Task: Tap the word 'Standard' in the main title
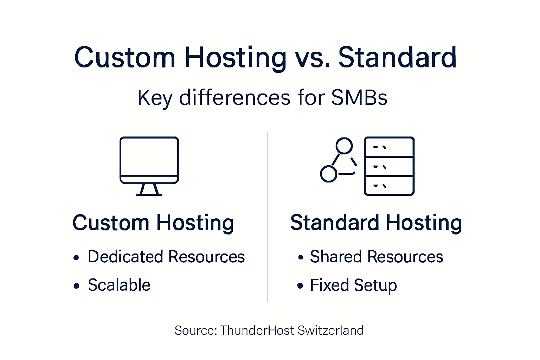pos(397,57)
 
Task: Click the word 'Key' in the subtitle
pos(154,98)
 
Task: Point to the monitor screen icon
pos(149,156)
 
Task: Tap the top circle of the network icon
pos(344,146)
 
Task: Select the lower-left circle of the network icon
pos(329,174)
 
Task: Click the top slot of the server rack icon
pos(389,147)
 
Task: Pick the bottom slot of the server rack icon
pos(389,185)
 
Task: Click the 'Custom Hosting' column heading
pos(153,223)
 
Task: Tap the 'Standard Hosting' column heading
pos(376,223)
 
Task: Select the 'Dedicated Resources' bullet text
pos(166,257)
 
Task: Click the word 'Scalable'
pos(119,285)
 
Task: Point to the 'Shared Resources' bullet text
pos(377,257)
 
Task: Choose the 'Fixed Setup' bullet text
pos(353,285)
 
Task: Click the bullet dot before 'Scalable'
pos(76,286)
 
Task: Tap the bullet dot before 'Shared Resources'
pos(300,258)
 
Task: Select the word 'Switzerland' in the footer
pos(330,330)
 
